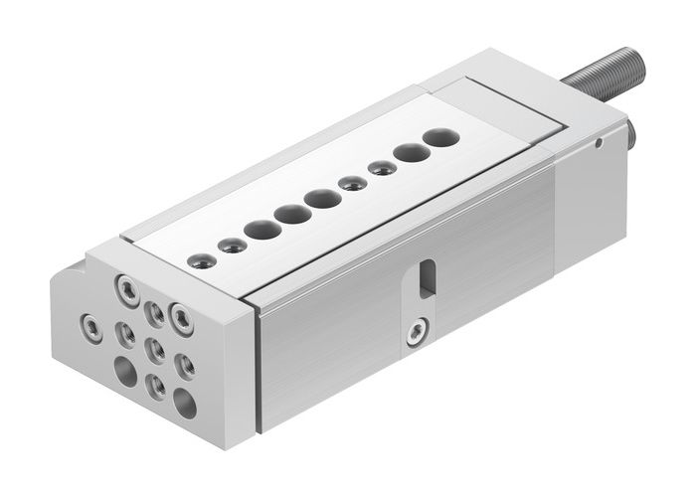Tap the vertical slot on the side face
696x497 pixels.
click(x=427, y=277)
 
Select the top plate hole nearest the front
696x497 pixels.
click(x=202, y=261)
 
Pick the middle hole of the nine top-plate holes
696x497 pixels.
click(x=322, y=199)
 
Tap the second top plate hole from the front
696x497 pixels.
click(x=233, y=246)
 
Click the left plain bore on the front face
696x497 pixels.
click(x=126, y=371)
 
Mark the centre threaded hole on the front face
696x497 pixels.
click(x=155, y=348)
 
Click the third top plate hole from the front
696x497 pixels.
click(x=262, y=230)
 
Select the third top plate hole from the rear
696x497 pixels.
click(x=381, y=169)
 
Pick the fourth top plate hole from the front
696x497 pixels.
click(x=292, y=214)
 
